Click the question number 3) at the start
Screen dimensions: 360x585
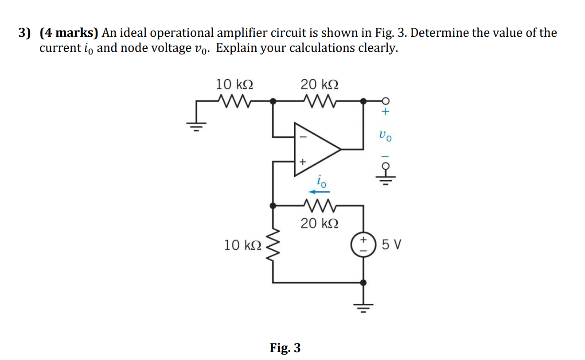(x=26, y=33)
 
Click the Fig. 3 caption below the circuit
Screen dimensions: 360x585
(x=285, y=348)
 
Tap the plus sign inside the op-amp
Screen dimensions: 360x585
(x=303, y=162)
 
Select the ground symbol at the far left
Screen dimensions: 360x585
(x=197, y=126)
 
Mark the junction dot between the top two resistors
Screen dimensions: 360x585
(x=273, y=101)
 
